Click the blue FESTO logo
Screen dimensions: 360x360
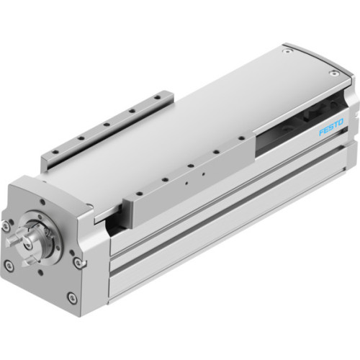click(x=331, y=114)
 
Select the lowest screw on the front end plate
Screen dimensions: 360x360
click(x=70, y=297)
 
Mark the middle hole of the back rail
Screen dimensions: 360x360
click(x=106, y=123)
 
